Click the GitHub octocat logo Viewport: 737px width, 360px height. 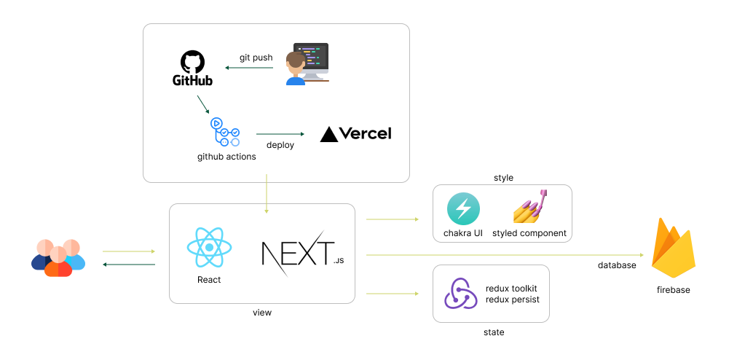tap(192, 63)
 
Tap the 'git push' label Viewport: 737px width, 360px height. tap(256, 58)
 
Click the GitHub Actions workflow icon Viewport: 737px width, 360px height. tap(225, 132)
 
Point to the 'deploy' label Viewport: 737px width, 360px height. tap(280, 145)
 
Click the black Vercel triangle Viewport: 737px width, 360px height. tap(329, 134)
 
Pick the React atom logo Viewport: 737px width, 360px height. tap(209, 248)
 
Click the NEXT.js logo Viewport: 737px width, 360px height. tap(302, 253)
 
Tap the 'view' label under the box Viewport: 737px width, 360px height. tap(261, 313)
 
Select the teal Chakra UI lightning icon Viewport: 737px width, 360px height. tap(463, 209)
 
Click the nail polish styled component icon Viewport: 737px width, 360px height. tap(531, 206)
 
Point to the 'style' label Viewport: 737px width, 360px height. tap(503, 178)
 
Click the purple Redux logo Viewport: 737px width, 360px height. tap(460, 293)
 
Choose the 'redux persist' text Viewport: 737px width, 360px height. tap(512, 300)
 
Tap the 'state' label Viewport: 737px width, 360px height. tap(494, 332)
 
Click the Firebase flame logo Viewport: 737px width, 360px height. tap(673, 249)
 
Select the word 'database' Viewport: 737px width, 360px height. tap(617, 265)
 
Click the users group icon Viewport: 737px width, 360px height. tap(58, 257)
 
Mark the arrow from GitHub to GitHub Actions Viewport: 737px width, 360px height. tap(203, 104)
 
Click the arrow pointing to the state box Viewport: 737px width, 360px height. tap(392, 294)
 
